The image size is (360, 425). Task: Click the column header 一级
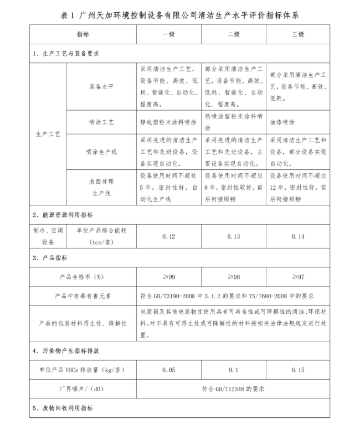click(x=168, y=34)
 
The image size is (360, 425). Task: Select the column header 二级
click(x=234, y=34)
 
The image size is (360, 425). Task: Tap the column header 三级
click(x=299, y=34)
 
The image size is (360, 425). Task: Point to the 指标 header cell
click(x=83, y=34)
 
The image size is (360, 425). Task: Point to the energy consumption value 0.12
click(x=168, y=236)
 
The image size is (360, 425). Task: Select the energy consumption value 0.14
click(x=299, y=236)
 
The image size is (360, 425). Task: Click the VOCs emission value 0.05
click(x=168, y=370)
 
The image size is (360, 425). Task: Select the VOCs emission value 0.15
click(x=299, y=370)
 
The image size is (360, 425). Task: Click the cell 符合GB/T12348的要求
click(x=233, y=388)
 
